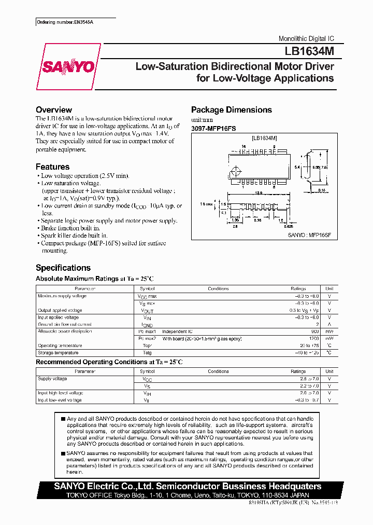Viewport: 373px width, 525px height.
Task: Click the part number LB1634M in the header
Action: (309, 52)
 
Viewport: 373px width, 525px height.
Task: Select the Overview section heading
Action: (54, 110)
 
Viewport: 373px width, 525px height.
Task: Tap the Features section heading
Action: (52, 167)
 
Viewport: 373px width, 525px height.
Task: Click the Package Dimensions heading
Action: (231, 110)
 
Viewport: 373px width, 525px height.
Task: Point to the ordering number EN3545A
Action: (68, 23)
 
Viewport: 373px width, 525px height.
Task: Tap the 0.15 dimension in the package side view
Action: (321, 190)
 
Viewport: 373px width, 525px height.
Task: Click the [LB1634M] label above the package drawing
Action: (264, 139)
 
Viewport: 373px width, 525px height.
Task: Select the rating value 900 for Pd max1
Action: (314, 331)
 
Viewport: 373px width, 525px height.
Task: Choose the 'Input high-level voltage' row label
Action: (60, 393)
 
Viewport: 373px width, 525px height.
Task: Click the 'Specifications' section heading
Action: (63, 268)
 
